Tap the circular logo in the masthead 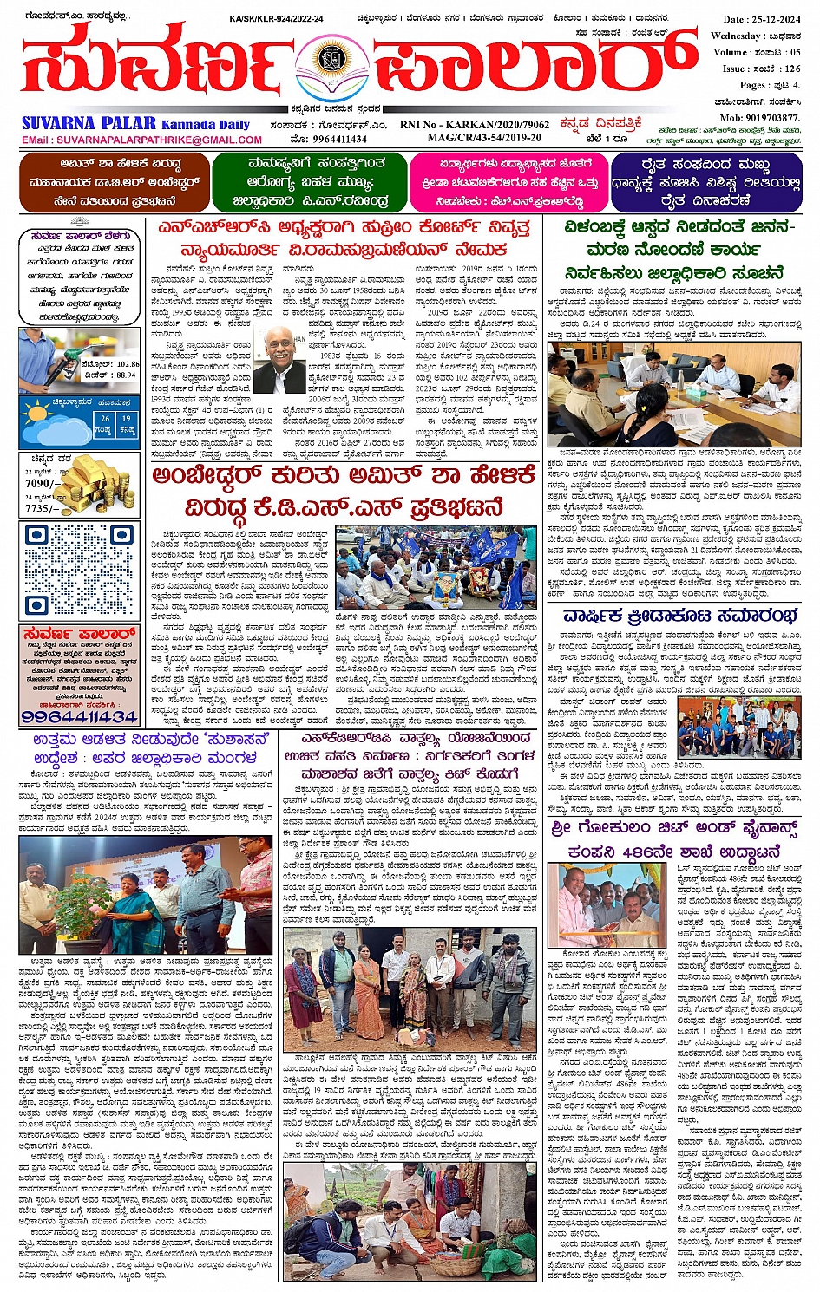click(328, 60)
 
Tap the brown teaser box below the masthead click(114, 182)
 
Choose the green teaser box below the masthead click(309, 182)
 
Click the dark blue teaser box click(705, 182)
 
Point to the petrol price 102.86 click(128, 365)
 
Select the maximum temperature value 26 click(104, 418)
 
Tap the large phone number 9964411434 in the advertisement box click(79, 717)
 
